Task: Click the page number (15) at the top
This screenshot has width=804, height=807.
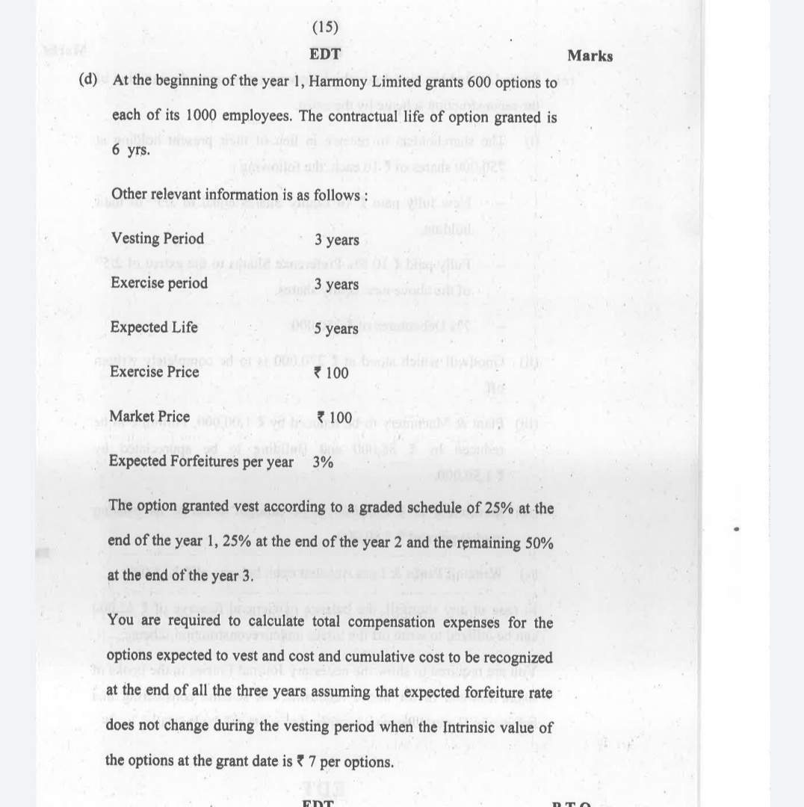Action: (x=325, y=28)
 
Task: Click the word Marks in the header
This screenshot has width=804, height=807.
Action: (x=590, y=56)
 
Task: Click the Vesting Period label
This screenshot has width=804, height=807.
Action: (x=157, y=238)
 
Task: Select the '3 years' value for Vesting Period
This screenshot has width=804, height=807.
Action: (x=336, y=240)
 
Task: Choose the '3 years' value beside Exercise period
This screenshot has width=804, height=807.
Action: (x=336, y=284)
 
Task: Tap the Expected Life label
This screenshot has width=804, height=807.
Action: (x=154, y=327)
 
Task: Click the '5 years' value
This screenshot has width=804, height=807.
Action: (x=336, y=329)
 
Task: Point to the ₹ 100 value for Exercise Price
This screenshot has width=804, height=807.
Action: (x=332, y=372)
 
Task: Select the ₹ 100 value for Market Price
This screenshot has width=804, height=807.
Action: (x=333, y=416)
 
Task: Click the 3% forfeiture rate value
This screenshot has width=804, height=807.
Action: (x=323, y=462)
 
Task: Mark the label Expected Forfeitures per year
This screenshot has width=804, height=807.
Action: (x=201, y=461)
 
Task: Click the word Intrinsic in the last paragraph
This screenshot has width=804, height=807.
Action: (x=458, y=727)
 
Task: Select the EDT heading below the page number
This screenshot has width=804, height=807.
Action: (x=325, y=55)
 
